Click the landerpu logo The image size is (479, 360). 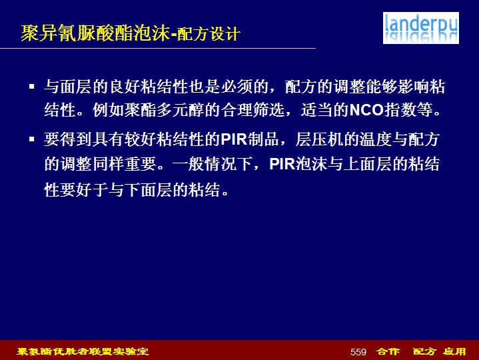[x=420, y=28]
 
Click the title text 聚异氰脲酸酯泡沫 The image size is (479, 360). [x=95, y=33]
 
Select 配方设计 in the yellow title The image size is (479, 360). [x=208, y=34]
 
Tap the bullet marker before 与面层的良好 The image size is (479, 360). [x=32, y=87]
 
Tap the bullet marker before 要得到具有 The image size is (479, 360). [x=32, y=139]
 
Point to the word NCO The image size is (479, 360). [x=366, y=110]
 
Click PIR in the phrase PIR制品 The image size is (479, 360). [x=234, y=139]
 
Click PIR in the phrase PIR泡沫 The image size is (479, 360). [x=282, y=164]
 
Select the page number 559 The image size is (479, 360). [x=358, y=352]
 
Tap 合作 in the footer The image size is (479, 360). [x=388, y=351]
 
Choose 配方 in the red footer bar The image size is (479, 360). [x=424, y=351]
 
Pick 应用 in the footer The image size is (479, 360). [x=454, y=351]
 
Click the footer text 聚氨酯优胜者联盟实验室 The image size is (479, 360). [x=83, y=351]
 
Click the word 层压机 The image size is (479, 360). [x=320, y=139]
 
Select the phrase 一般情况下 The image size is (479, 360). [x=213, y=164]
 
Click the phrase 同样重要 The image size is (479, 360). [x=125, y=164]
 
